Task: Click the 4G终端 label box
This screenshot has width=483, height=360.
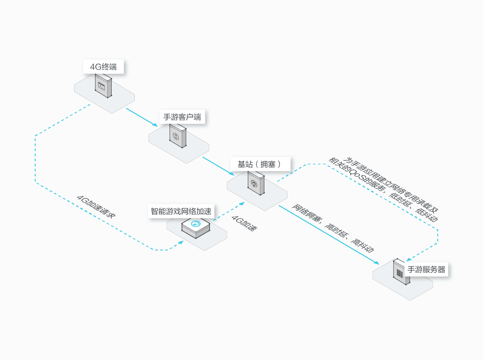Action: point(103,67)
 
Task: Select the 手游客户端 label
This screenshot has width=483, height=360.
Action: point(182,117)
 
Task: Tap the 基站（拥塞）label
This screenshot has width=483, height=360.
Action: point(259,164)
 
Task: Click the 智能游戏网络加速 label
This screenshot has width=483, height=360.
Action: point(181,211)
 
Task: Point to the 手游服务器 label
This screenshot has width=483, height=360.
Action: point(426,269)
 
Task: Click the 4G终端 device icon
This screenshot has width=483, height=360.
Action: point(103,86)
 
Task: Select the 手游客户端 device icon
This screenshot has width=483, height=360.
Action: point(178,136)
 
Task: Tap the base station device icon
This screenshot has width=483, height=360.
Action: point(256,183)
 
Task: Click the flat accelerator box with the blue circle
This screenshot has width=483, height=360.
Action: point(196,227)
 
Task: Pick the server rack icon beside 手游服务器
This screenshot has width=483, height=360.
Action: point(400,272)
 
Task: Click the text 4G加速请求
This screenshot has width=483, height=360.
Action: point(96,207)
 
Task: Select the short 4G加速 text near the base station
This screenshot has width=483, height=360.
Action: point(244,223)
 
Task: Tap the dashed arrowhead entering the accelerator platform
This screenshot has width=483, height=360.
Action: point(181,242)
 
